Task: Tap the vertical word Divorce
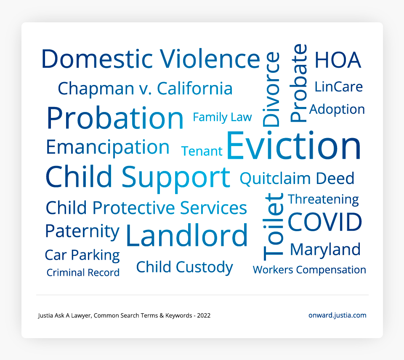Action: click(x=271, y=89)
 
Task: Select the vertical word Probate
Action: click(x=298, y=83)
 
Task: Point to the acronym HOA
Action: click(x=338, y=60)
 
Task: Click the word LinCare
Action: click(x=338, y=87)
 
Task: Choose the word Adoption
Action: click(x=337, y=109)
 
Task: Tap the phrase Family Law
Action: click(x=222, y=117)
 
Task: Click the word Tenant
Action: click(x=202, y=151)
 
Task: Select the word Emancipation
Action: click(x=108, y=147)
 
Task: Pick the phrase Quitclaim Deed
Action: click(x=297, y=179)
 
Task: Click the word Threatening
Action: click(x=323, y=200)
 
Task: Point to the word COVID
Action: click(x=324, y=222)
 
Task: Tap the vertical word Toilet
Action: click(x=273, y=227)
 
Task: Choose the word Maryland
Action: click(x=325, y=250)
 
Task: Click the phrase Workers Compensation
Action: click(x=309, y=270)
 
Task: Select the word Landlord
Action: click(x=187, y=235)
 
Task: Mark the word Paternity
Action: click(x=82, y=232)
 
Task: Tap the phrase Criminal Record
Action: click(x=83, y=272)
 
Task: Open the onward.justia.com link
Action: click(x=337, y=315)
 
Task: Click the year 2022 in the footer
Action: click(x=204, y=316)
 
